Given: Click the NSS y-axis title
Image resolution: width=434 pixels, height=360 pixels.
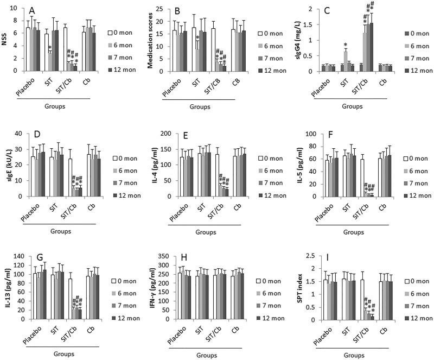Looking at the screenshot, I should [x=6, y=40].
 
